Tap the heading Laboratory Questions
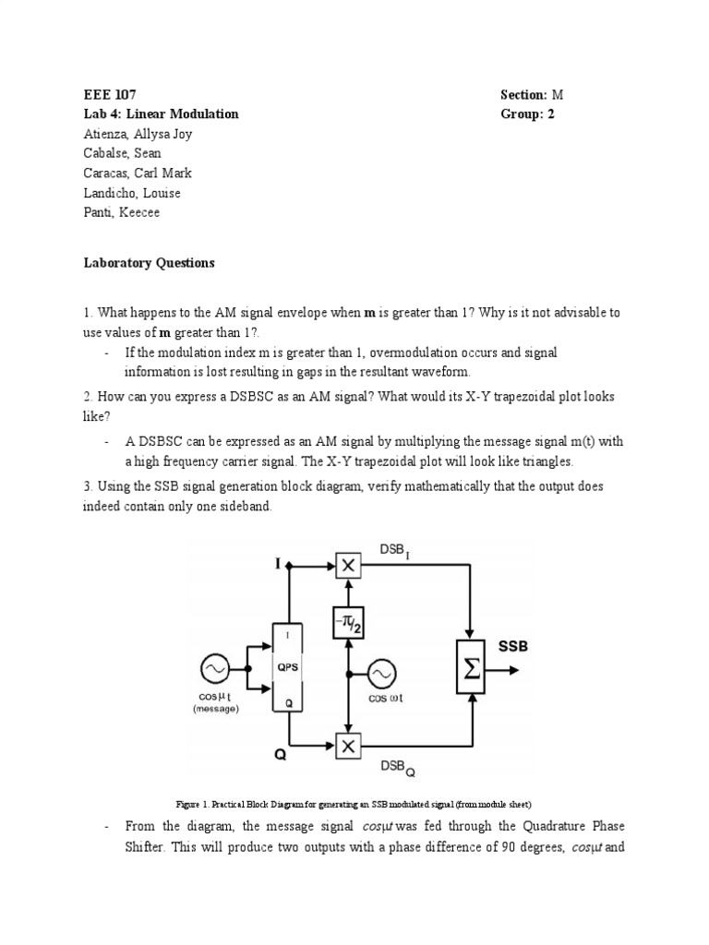(x=148, y=263)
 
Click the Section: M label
(x=531, y=94)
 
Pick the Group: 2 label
(x=527, y=114)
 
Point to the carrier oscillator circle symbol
(x=385, y=673)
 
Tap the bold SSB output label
(x=513, y=647)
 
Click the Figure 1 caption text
(x=354, y=804)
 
